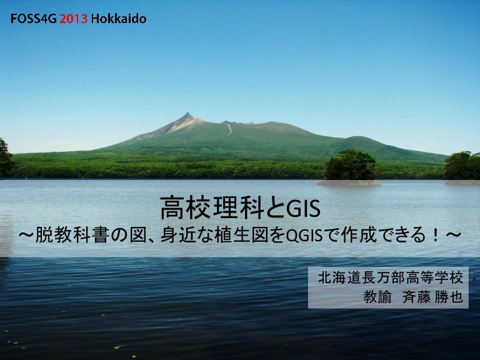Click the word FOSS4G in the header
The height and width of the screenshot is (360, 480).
coord(34,19)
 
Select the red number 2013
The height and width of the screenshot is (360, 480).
coord(74,19)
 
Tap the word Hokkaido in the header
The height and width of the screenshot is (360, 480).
coord(119,19)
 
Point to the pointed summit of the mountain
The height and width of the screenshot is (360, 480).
coord(187,114)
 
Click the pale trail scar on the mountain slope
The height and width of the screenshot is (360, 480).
coord(229,129)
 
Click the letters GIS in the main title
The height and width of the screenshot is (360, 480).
coord(302,209)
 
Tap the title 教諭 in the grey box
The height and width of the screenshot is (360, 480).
coord(377,297)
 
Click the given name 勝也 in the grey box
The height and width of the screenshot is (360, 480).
coord(449,297)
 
